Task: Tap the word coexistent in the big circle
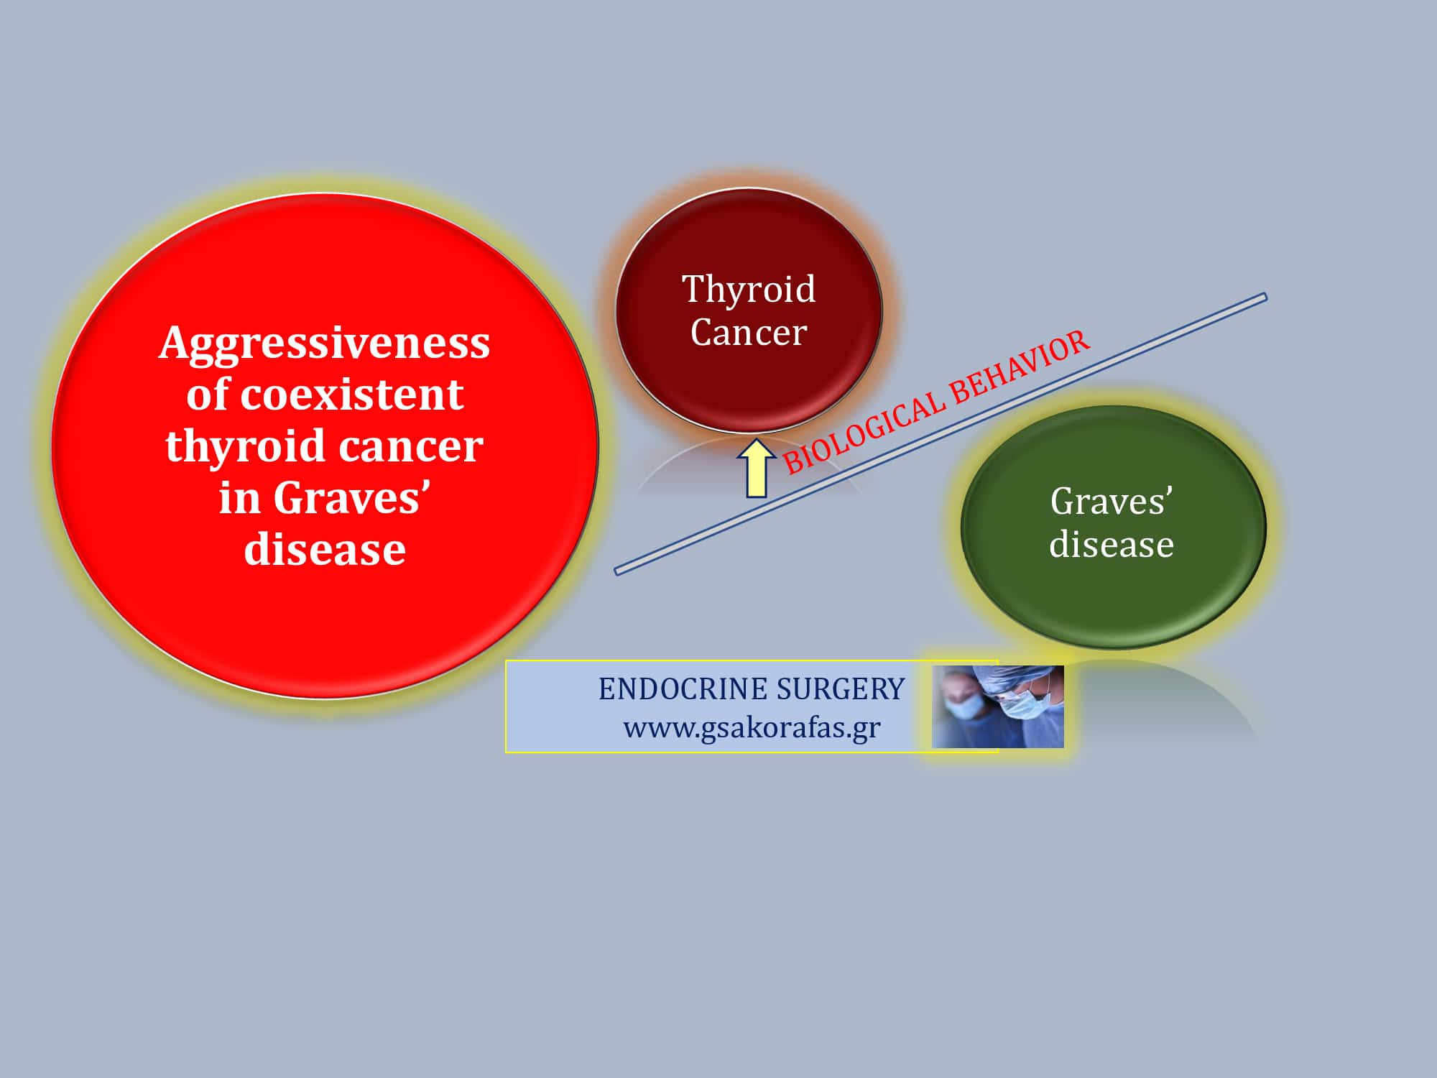[x=351, y=395]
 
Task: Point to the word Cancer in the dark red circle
[x=749, y=332]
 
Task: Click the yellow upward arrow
[x=756, y=468]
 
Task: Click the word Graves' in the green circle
[x=1111, y=501]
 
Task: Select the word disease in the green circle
[x=1112, y=545]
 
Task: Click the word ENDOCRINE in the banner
[x=683, y=689]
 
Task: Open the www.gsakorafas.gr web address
[x=752, y=728]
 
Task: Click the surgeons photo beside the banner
[x=998, y=706]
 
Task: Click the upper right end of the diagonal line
[x=1265, y=297]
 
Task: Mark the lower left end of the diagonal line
[x=616, y=572]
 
